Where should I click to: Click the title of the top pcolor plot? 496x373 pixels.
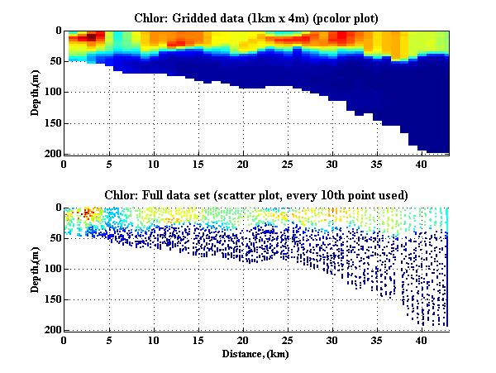[x=256, y=18]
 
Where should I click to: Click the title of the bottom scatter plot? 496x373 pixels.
[x=256, y=195]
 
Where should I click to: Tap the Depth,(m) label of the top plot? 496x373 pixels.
[x=36, y=92]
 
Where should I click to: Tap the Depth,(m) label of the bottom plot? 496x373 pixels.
[x=36, y=269]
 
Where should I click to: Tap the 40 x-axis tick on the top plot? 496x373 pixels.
[x=422, y=164]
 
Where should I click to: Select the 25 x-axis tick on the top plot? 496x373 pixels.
[x=288, y=164]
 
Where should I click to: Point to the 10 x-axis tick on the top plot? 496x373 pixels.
[x=154, y=164]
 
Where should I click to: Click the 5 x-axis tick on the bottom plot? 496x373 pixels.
[x=109, y=341]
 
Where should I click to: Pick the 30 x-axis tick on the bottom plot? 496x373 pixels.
[x=332, y=341]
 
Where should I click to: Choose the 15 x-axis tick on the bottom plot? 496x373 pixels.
[x=198, y=341]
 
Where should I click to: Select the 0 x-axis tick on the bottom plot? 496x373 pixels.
[x=64, y=341]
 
